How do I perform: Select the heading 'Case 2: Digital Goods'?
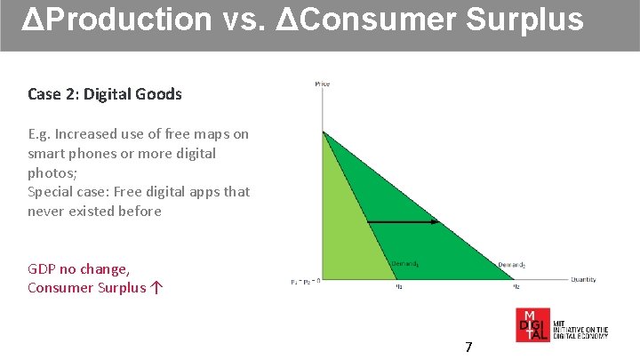pyautogui.click(x=104, y=93)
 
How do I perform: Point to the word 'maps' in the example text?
pyautogui.click(x=212, y=134)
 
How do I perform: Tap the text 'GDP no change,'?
pyautogui.click(x=78, y=268)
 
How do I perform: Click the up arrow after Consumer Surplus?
pyautogui.click(x=156, y=287)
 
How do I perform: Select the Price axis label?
pyautogui.click(x=322, y=84)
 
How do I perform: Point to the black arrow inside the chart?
pyautogui.click(x=402, y=221)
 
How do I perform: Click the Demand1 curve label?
pyautogui.click(x=404, y=263)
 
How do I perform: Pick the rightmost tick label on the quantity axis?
pyautogui.click(x=515, y=287)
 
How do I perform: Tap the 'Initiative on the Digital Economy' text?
pyautogui.click(x=580, y=330)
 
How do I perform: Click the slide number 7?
pyautogui.click(x=468, y=347)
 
